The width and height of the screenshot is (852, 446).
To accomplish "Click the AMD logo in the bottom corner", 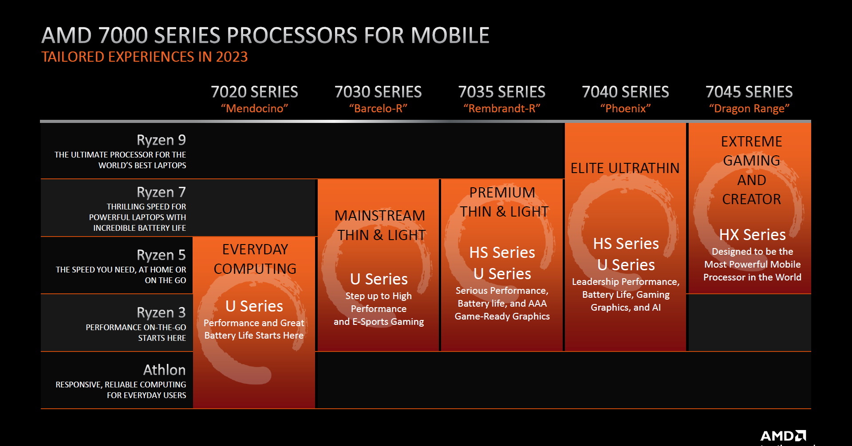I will tap(783, 435).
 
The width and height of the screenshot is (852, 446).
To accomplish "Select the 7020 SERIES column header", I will tap(254, 92).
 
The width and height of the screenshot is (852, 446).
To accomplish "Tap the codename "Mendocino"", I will tap(254, 108).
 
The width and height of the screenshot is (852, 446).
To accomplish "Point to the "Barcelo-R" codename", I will tap(378, 108).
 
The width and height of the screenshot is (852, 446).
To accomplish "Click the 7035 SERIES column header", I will tap(501, 92).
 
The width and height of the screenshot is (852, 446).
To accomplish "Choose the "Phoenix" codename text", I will tap(625, 108).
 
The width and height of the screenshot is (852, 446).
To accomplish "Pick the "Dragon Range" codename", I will tap(749, 108).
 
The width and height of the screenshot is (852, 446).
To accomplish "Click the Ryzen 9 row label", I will tap(161, 140).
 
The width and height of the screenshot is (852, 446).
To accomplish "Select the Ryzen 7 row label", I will tap(161, 192).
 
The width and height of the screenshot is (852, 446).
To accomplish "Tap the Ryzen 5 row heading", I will tap(161, 255).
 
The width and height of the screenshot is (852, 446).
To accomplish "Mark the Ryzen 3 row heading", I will tap(161, 313).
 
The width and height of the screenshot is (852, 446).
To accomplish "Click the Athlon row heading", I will tap(164, 370).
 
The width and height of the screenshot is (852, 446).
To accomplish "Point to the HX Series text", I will tap(752, 235).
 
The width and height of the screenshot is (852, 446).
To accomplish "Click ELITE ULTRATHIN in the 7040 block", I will tap(625, 168).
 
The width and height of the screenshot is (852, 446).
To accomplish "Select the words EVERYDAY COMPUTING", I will tap(255, 259).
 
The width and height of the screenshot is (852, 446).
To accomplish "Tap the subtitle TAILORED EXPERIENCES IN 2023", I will tap(144, 57).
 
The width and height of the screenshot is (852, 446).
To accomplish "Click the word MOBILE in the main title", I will tap(450, 36).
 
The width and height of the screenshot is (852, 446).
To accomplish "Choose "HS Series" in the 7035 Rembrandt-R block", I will tap(502, 253).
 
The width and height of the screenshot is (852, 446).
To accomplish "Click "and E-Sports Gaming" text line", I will tap(379, 322).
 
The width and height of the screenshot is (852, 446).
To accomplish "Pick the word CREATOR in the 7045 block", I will tap(751, 199).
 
